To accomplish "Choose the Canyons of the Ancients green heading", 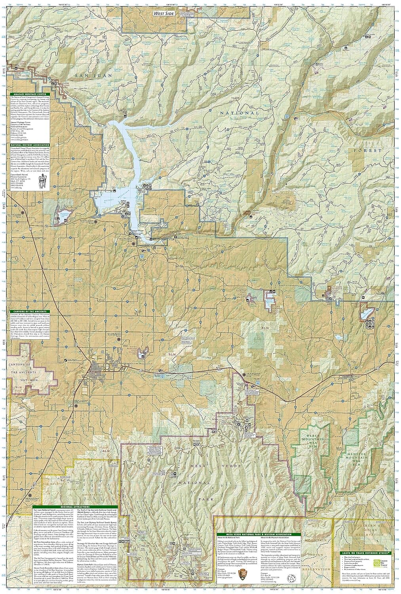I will point(27,312).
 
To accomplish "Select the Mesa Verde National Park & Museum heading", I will point(257,534).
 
